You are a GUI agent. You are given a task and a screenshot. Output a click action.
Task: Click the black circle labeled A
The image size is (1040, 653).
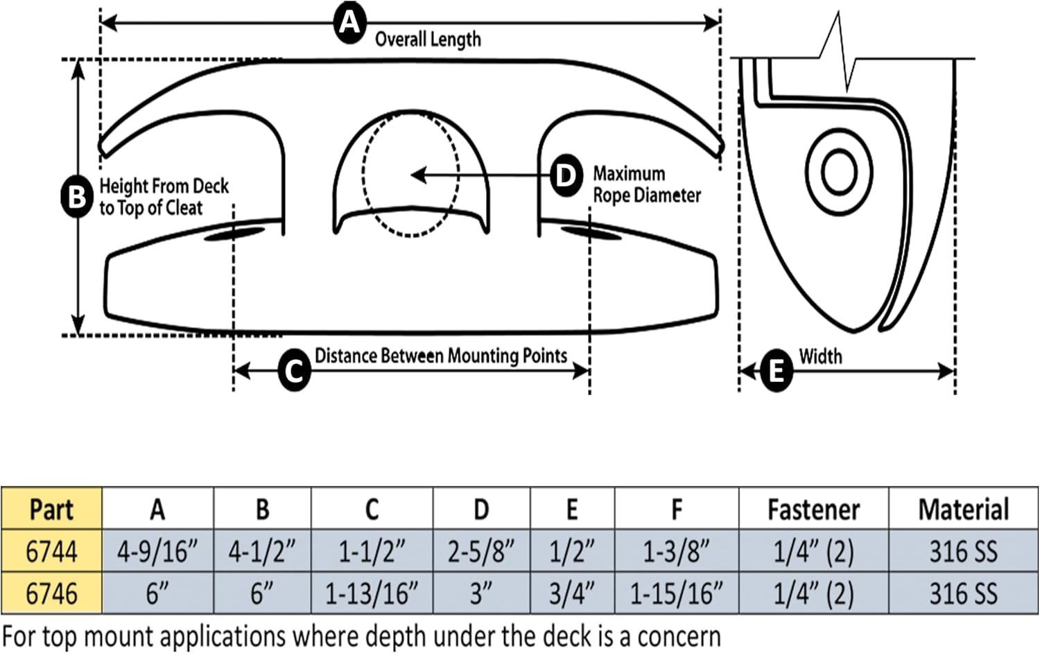tap(349, 23)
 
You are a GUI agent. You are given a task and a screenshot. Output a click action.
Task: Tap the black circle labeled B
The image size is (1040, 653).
tap(76, 196)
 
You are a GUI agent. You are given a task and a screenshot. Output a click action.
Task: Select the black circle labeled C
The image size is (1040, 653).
tap(294, 371)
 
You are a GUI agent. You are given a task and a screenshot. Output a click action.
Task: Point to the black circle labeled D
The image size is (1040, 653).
tap(566, 175)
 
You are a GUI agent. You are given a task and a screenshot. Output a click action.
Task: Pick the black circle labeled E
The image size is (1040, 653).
tap(776, 370)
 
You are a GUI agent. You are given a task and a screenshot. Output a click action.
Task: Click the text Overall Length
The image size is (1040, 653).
tap(428, 39)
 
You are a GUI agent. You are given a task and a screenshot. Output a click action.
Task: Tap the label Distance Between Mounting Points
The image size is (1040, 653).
tap(441, 356)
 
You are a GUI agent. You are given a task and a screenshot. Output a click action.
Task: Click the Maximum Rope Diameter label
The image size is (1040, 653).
tap(646, 184)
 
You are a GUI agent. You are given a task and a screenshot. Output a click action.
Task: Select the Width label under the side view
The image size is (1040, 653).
tap(820, 356)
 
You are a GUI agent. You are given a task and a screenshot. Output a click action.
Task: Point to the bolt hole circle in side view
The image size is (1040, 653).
tap(838, 171)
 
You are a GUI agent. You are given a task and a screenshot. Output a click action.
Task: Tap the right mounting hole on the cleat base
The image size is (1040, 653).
tap(590, 232)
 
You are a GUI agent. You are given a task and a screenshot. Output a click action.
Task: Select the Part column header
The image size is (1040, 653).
tap(51, 510)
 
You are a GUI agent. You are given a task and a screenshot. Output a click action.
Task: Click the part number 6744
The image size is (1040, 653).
tap(51, 552)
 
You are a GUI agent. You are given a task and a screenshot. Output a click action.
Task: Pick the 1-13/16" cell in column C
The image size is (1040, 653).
tap(372, 594)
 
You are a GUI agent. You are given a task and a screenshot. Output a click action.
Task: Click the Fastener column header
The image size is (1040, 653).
tap(813, 510)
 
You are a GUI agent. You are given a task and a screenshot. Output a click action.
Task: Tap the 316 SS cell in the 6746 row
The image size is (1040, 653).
tap(963, 594)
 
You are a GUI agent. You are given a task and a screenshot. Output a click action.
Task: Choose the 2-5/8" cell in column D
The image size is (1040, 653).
tap(480, 552)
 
